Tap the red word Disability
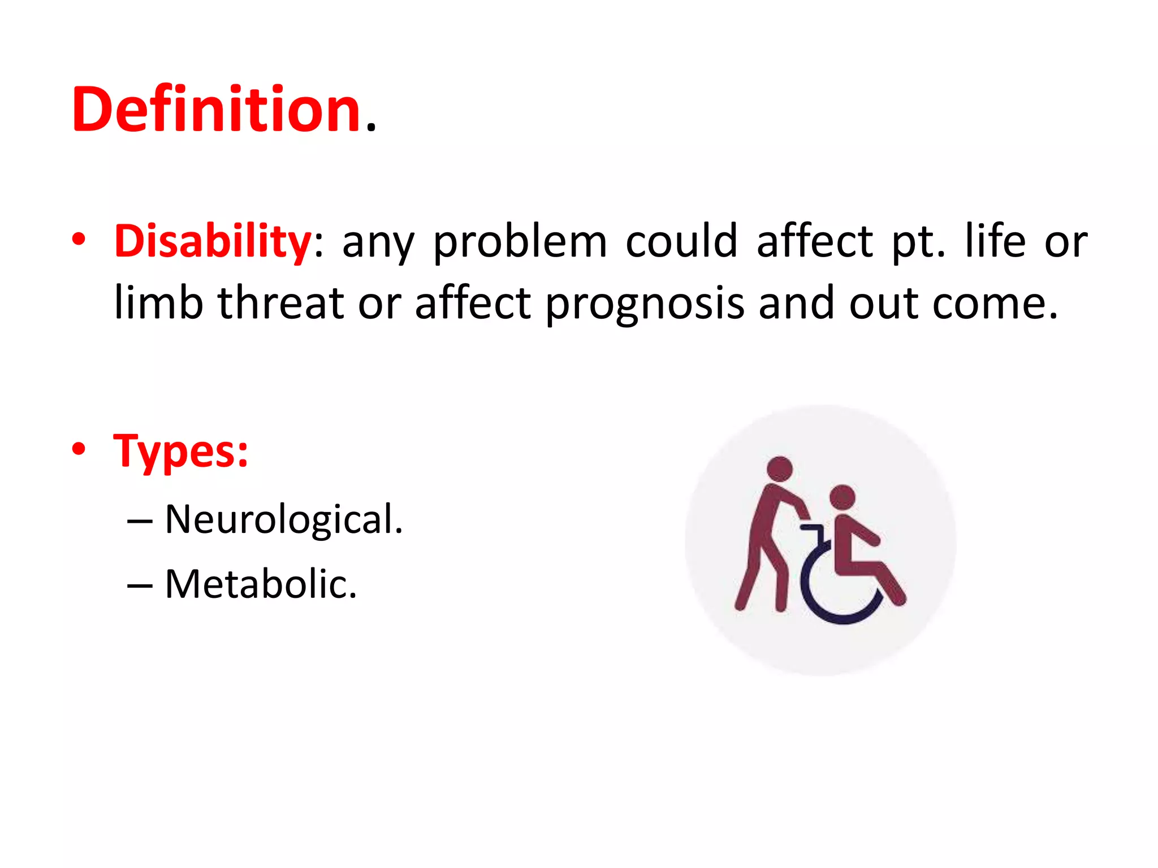click(x=212, y=241)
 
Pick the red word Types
click(x=180, y=452)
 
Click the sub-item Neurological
click(x=283, y=519)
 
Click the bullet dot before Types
click(x=79, y=449)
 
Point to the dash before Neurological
click(x=139, y=520)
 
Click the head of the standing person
click(x=780, y=468)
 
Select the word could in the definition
click(x=681, y=241)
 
